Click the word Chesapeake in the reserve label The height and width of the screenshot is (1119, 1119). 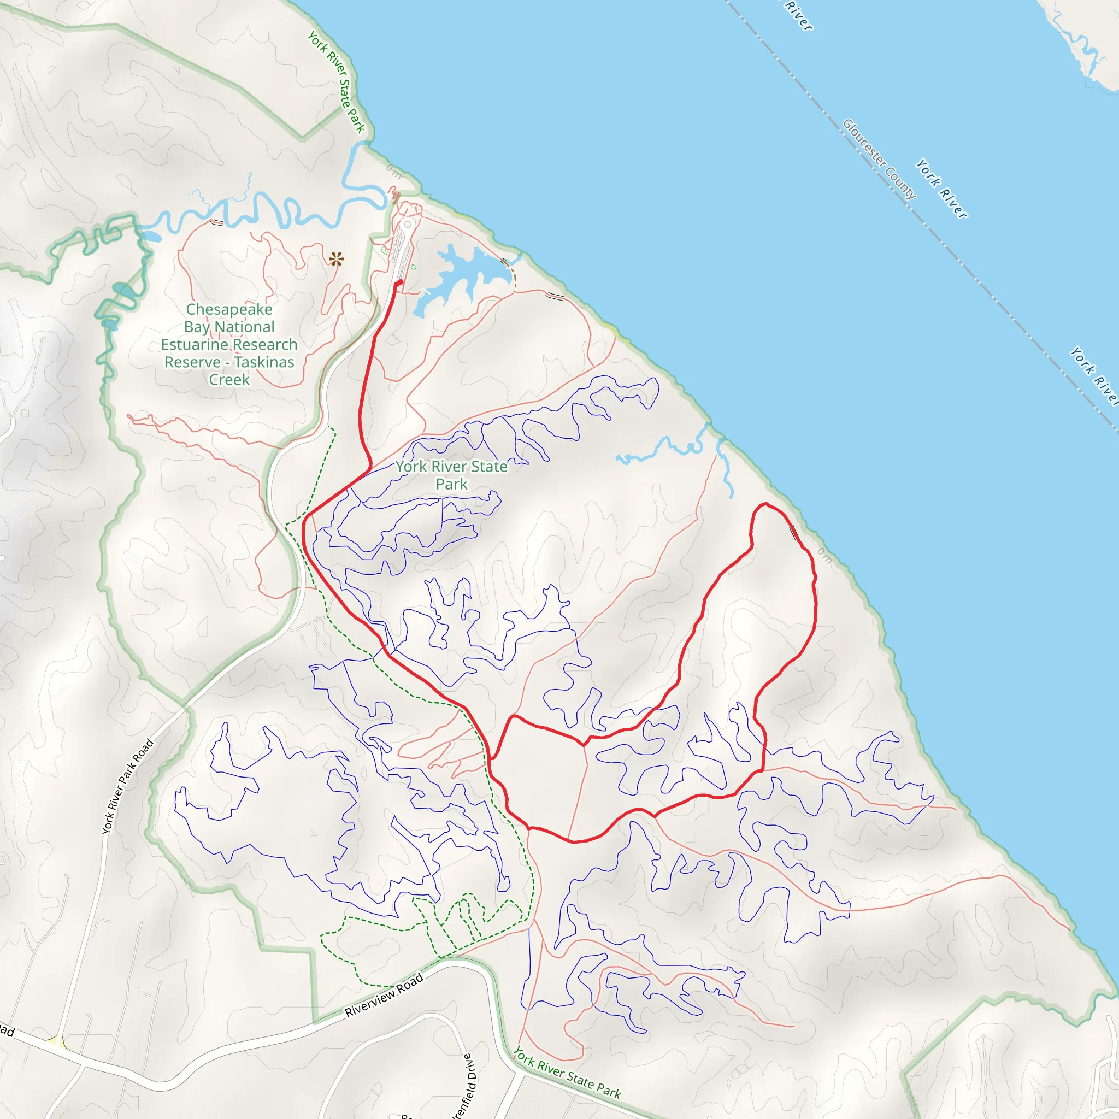[229, 309]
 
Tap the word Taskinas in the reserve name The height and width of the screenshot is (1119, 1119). [264, 362]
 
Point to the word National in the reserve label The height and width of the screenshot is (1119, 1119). [244, 327]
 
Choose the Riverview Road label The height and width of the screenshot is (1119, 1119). [384, 994]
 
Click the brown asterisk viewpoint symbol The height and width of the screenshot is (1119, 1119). [336, 259]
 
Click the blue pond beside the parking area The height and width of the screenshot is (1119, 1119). [457, 275]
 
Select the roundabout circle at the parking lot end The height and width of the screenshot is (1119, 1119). [408, 224]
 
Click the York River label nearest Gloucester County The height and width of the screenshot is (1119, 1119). [941, 190]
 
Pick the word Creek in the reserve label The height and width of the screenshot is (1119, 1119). [229, 380]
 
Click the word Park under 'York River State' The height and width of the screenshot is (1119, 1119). [451, 484]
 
